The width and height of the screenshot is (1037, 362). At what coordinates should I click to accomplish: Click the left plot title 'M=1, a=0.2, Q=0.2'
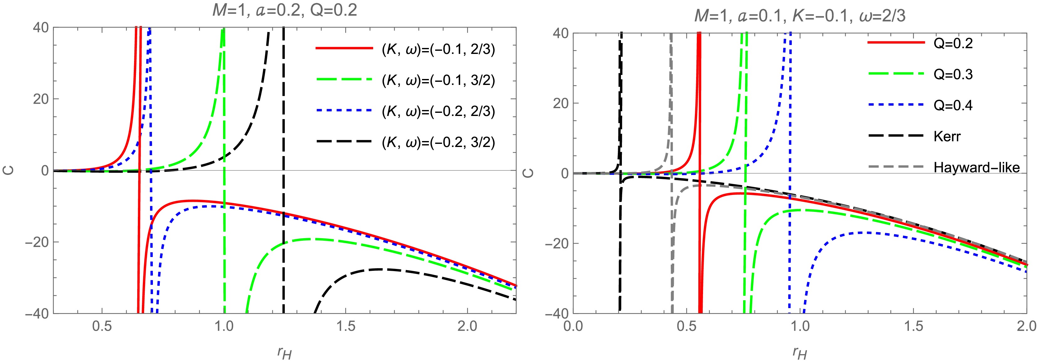point(284,10)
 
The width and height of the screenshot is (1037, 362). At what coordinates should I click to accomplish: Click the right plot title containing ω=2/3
point(800,16)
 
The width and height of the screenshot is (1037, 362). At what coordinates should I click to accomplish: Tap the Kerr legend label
point(947,136)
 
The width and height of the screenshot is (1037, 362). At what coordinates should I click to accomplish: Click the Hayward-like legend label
point(977,167)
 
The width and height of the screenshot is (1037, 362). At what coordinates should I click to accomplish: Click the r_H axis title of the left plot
point(284,352)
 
